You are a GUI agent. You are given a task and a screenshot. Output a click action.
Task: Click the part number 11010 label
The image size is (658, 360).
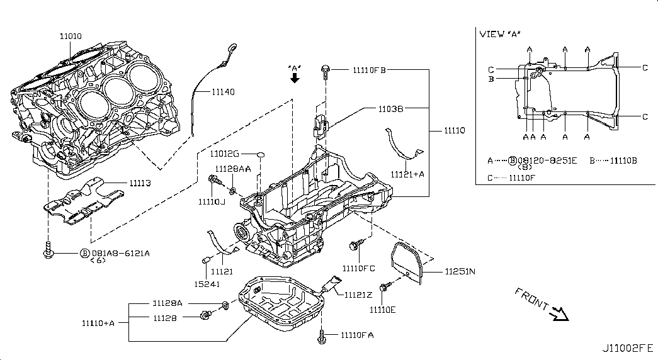pyautogui.click(x=70, y=37)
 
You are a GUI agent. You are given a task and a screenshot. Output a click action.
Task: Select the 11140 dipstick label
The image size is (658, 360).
pyautogui.click(x=222, y=92)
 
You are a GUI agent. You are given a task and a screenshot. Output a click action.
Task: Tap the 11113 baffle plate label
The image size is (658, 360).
pyautogui.click(x=142, y=183)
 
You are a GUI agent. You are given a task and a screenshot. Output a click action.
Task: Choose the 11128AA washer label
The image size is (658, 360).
pyautogui.click(x=233, y=169)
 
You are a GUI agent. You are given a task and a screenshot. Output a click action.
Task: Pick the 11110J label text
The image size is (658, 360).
pyautogui.click(x=212, y=202)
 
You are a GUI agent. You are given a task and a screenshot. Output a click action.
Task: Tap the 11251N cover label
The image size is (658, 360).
pyautogui.click(x=460, y=272)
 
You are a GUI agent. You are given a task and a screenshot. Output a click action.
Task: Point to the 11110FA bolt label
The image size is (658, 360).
pyautogui.click(x=357, y=335)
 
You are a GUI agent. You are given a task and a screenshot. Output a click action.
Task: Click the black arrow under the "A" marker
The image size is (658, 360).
pyautogui.click(x=294, y=78)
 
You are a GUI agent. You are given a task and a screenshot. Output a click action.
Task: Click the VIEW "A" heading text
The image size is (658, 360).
pyautogui.click(x=500, y=34)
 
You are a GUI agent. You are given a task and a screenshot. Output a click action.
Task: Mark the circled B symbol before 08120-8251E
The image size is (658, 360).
pyautogui.click(x=512, y=160)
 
